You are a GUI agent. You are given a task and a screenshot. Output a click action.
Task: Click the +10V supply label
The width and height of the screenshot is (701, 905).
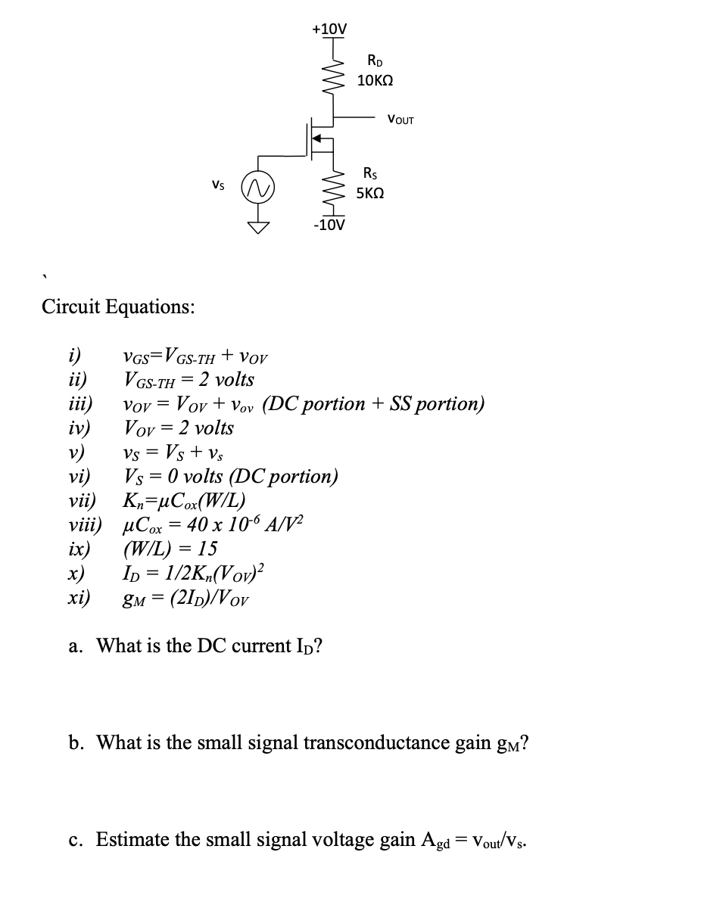pos(330,29)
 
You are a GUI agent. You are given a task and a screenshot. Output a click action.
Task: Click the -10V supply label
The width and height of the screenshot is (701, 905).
pos(329,225)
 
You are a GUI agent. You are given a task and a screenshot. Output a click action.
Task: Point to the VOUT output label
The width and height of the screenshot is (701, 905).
pos(400,120)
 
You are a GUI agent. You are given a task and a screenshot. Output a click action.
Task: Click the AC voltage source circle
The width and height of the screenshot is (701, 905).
pos(257,185)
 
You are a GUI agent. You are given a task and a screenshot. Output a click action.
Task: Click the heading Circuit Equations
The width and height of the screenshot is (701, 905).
pos(117,306)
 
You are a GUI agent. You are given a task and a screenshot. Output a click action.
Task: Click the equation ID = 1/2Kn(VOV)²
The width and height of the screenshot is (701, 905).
pos(193,573)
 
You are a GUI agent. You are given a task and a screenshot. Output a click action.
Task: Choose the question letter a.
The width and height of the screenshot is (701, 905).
pos(75,645)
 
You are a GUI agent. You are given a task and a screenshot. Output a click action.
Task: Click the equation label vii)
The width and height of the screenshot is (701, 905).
pos(79,500)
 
